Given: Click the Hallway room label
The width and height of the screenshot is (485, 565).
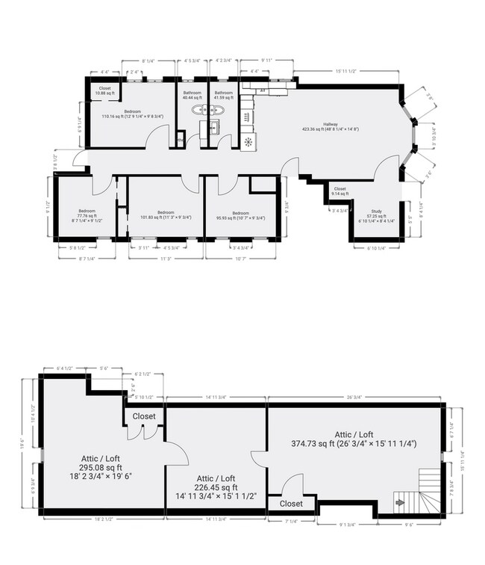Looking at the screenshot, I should click(331, 125).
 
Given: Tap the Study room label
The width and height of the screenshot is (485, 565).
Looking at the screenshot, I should click(376, 212).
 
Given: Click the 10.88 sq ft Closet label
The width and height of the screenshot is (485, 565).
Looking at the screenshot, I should click(104, 89).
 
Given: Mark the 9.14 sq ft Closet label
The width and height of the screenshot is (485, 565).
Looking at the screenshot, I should click(339, 189).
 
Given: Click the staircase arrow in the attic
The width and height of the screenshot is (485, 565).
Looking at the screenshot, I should click(399, 503).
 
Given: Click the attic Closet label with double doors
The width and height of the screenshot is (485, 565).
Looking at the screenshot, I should click(144, 416).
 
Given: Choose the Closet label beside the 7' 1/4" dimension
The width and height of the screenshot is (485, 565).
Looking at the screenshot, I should click(291, 504).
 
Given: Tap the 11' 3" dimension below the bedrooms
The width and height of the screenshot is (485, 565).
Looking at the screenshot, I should click(166, 261).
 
